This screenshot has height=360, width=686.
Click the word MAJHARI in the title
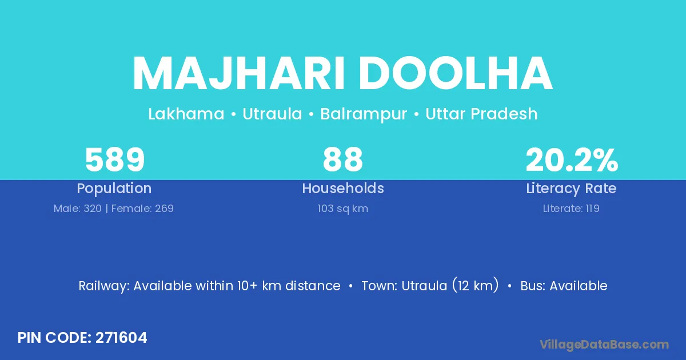[238, 74]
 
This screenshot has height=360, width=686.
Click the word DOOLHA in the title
[456, 74]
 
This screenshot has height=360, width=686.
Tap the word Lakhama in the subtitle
[186, 114]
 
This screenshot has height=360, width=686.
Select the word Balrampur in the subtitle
[364, 115]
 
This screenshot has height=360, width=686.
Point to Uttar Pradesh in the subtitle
[481, 114]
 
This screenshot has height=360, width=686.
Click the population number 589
[115, 159]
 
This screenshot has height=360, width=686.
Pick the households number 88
[342, 159]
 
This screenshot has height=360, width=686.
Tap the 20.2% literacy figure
[572, 159]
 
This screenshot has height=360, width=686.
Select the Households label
[343, 188]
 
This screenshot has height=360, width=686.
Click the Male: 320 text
[78, 209]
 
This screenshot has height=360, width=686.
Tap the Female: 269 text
[142, 209]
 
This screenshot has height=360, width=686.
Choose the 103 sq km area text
[342, 209]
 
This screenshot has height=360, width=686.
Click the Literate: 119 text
[571, 209]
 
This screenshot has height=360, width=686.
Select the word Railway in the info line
[104, 286]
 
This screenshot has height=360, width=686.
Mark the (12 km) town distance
[475, 285]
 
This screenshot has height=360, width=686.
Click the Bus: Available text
[564, 286]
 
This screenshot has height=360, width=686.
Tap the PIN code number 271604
[121, 338]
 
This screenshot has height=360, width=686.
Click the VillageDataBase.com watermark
[604, 345]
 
